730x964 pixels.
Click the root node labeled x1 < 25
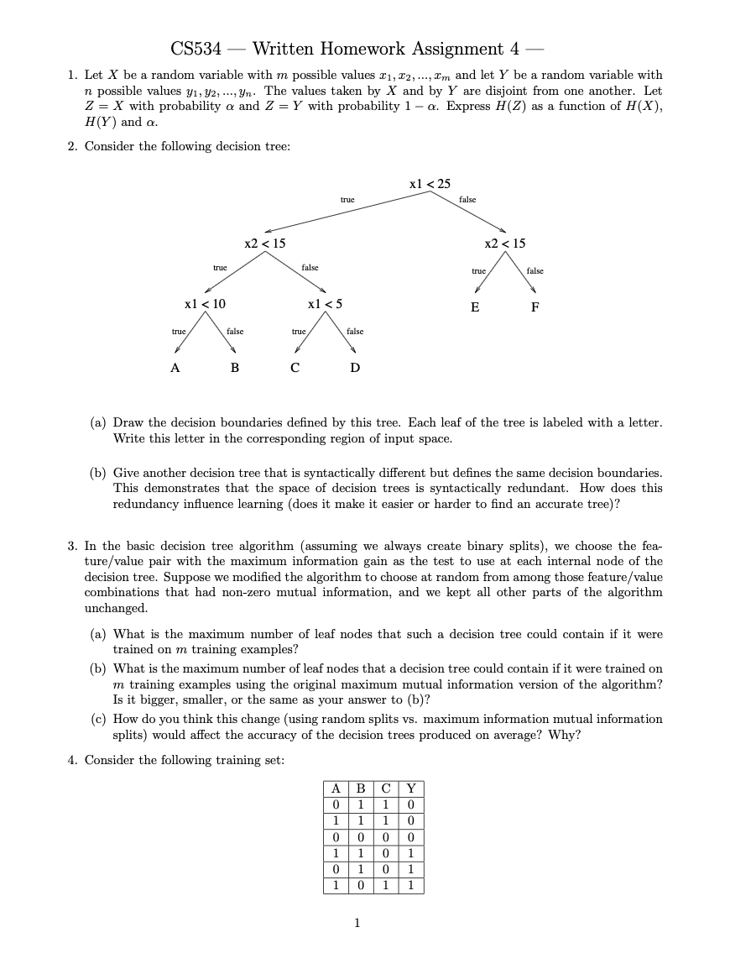point(430,183)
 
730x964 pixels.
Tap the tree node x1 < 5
point(326,304)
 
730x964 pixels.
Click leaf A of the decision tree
point(175,368)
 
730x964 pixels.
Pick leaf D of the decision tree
point(355,368)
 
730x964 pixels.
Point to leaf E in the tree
point(475,307)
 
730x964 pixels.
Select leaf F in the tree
point(535,307)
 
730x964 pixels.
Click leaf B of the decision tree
point(235,368)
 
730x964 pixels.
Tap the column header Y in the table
point(410,788)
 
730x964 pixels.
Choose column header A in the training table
point(336,788)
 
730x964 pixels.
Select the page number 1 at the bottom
point(357,923)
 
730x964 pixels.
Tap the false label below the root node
point(467,200)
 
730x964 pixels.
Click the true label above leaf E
point(478,271)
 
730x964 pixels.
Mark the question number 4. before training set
point(73,760)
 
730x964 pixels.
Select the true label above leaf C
point(299,332)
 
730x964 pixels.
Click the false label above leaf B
point(235,332)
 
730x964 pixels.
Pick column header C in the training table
point(386,788)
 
